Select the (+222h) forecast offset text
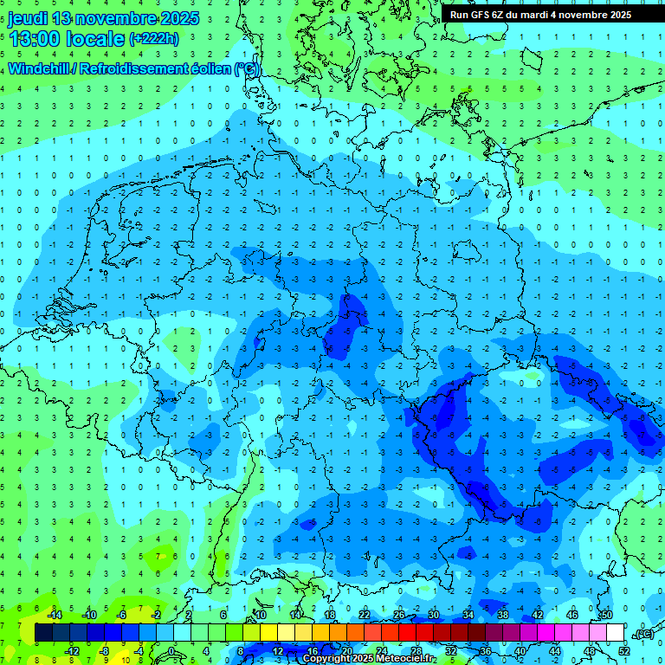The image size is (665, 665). tap(154, 39)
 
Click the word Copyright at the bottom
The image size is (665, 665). tap(327, 659)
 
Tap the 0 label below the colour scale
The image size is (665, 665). tap(171, 651)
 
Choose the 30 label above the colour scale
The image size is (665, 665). tap(433, 615)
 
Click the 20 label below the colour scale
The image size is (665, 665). tap(346, 651)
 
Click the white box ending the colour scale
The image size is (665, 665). tap(615, 634)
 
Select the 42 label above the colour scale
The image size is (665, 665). tap(537, 615)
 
